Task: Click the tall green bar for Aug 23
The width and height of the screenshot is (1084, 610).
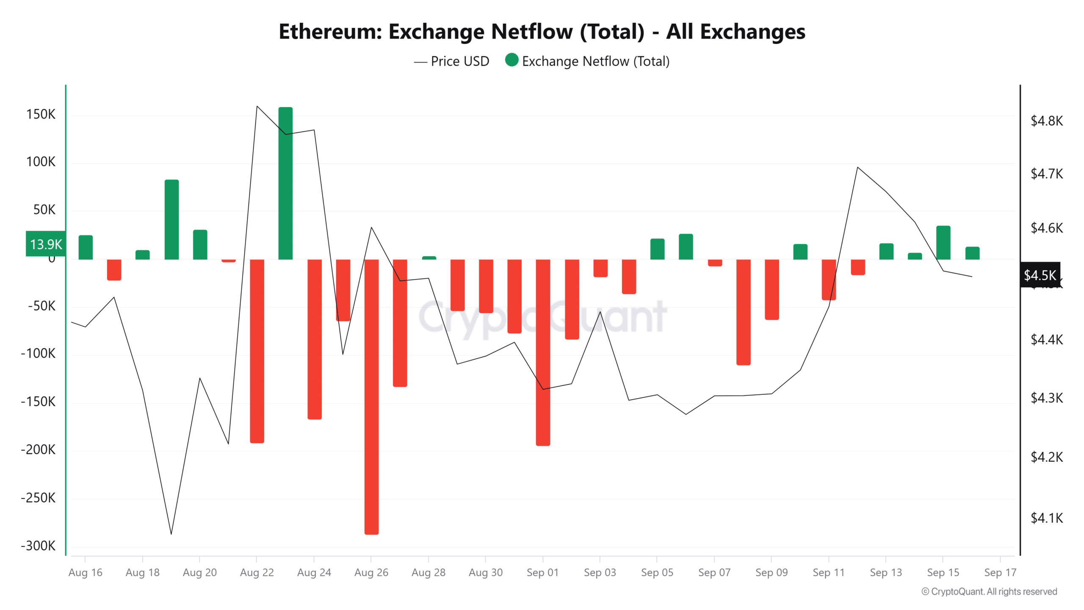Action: [285, 183]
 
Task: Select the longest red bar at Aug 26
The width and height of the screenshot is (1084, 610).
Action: [371, 396]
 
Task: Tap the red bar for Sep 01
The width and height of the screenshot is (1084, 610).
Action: [543, 352]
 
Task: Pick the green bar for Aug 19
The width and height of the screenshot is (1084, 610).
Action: [171, 219]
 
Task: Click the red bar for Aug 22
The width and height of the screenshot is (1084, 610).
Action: [257, 351]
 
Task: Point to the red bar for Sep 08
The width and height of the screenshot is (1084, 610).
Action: [743, 312]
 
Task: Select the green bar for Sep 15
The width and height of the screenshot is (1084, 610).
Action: [943, 242]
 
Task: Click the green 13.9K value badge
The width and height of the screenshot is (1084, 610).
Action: [46, 244]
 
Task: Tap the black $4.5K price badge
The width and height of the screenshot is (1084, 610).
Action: [1040, 275]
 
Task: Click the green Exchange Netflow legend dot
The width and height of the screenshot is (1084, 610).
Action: [512, 60]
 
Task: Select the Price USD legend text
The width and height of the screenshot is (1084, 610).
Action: [460, 61]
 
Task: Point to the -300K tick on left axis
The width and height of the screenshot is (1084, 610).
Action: [38, 546]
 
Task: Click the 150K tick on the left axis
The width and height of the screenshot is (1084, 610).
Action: [41, 114]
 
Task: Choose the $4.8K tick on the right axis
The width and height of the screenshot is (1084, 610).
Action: [1046, 121]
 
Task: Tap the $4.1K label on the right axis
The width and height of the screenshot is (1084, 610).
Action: [1046, 518]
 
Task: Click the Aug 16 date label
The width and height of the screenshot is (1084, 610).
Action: [85, 573]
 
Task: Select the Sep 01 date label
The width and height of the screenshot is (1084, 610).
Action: [542, 573]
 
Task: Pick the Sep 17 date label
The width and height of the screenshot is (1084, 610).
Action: [1000, 573]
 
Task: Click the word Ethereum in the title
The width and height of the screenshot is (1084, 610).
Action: [330, 32]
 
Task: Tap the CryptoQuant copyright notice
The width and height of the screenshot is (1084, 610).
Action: [989, 592]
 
